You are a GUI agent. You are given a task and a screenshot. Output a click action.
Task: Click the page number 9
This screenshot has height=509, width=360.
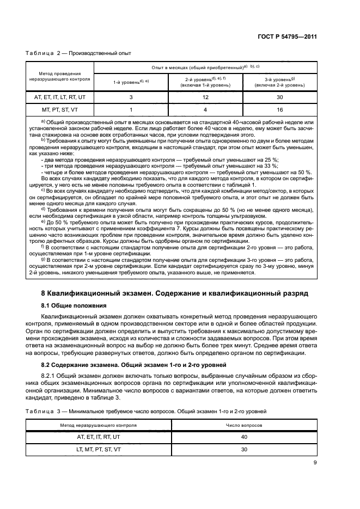(x=315, y=463)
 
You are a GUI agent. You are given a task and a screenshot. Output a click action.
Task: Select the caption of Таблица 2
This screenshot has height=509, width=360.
(x=78, y=53)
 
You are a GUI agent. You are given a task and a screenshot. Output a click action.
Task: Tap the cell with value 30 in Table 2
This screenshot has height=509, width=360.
(x=279, y=97)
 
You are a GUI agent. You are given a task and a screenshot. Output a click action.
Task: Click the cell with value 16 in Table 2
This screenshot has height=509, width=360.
(x=279, y=109)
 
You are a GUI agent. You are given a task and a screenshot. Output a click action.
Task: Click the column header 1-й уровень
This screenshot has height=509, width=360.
(x=131, y=82)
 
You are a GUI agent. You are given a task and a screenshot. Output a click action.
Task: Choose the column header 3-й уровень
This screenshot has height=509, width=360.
(x=279, y=82)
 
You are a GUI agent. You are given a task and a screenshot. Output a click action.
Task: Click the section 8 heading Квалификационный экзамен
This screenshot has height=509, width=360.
(x=175, y=293)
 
